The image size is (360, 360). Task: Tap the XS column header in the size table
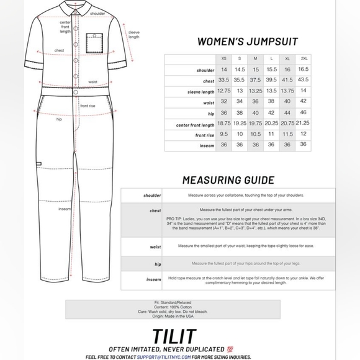223,58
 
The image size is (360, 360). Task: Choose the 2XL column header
303,58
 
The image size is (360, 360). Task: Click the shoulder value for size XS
223,69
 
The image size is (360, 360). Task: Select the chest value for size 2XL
303,80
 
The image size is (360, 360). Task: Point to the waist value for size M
255,102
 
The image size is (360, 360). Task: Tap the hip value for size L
271,113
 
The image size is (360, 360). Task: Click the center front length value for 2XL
303,124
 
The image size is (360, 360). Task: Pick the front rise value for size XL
287,135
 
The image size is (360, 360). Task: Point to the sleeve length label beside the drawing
133,34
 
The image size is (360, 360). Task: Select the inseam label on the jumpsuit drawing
64,209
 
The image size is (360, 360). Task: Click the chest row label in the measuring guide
155,211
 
